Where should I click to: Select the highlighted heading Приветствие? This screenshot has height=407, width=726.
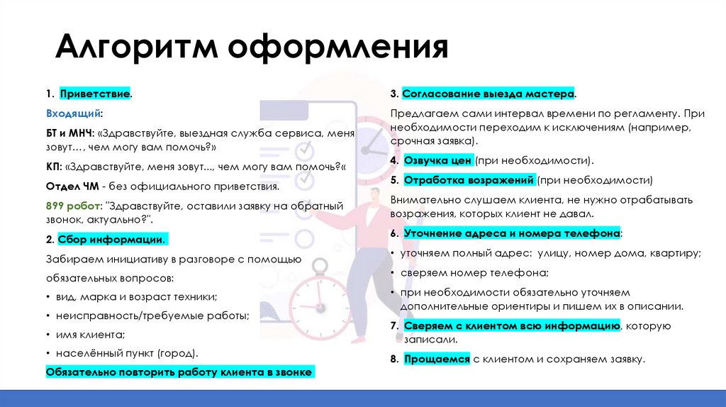click(94, 94)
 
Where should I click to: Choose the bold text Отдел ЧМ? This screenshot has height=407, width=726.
click(72, 187)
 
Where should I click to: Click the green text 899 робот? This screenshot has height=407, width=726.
click(73, 206)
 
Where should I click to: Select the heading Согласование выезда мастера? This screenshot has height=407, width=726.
click(488, 94)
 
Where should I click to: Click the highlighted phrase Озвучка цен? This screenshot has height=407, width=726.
click(437, 161)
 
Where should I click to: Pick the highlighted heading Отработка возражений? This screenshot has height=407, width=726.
click(469, 180)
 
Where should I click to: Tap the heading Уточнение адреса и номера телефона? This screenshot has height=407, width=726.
click(512, 233)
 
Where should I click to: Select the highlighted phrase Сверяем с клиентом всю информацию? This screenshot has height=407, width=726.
click(512, 326)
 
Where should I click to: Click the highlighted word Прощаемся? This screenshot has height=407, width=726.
click(437, 359)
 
